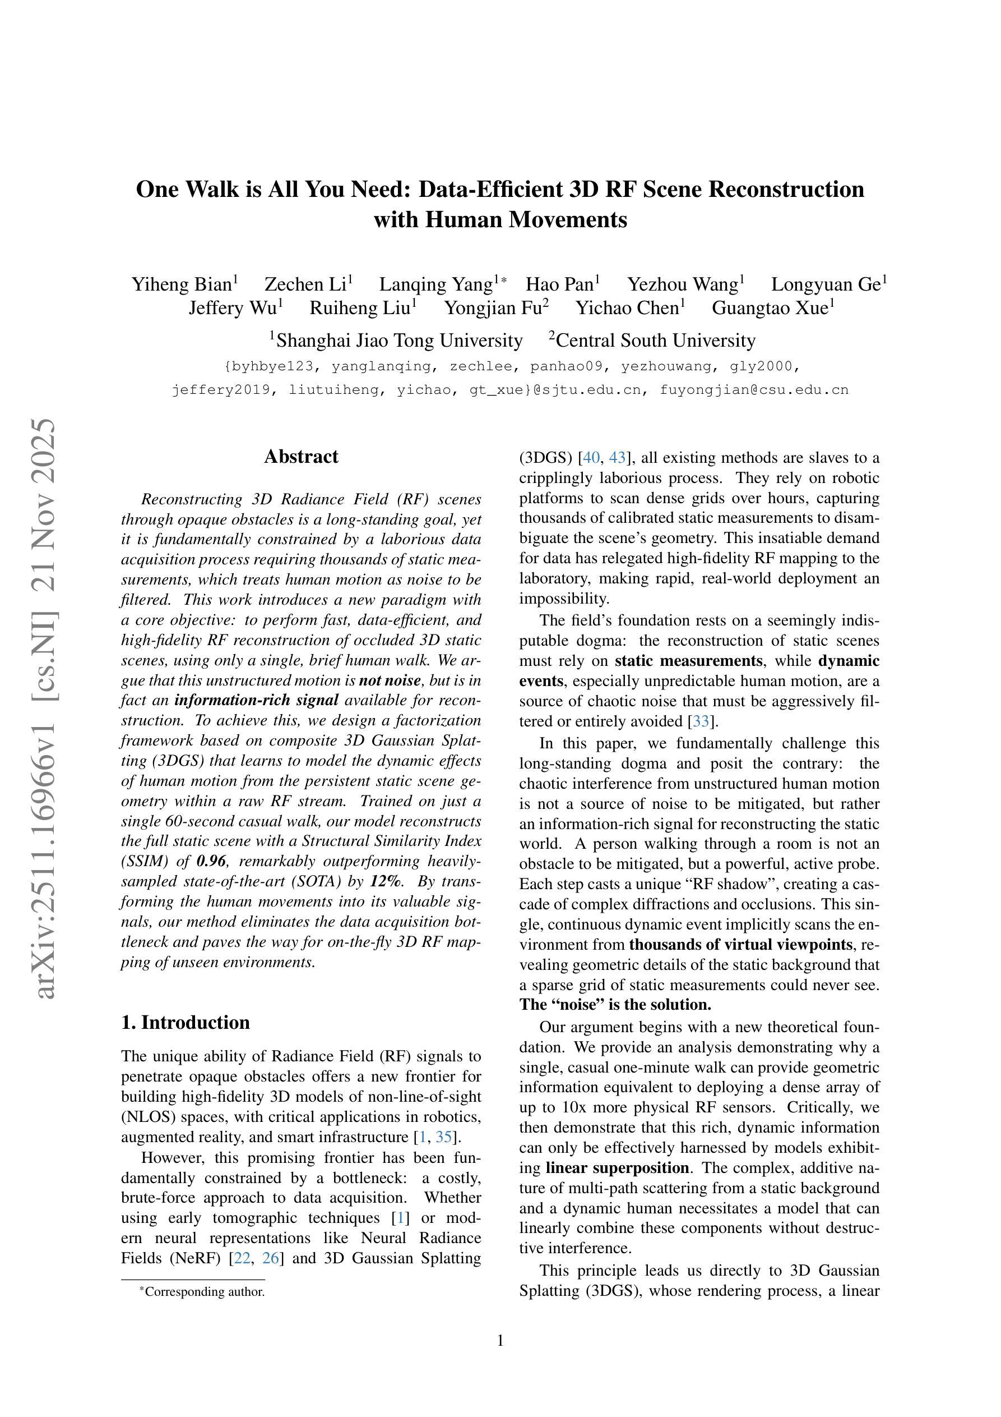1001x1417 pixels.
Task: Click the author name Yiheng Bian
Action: pyautogui.click(x=182, y=284)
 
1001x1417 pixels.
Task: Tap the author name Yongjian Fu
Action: pyautogui.click(x=493, y=308)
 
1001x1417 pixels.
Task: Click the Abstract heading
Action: pyautogui.click(x=301, y=457)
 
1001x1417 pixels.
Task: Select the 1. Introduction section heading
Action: pyautogui.click(x=186, y=1023)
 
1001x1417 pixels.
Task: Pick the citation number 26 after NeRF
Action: pyautogui.click(x=271, y=1258)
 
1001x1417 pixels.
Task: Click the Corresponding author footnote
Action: pyautogui.click(x=203, y=1292)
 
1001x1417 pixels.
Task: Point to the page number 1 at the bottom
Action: pyautogui.click(x=500, y=1341)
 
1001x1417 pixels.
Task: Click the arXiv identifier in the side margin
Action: pyautogui.click(x=47, y=710)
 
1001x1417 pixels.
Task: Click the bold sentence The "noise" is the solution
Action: pyautogui.click(x=615, y=1005)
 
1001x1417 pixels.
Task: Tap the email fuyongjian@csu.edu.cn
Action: pyautogui.click(x=754, y=390)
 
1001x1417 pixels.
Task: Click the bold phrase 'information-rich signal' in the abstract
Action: pyautogui.click(x=257, y=701)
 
